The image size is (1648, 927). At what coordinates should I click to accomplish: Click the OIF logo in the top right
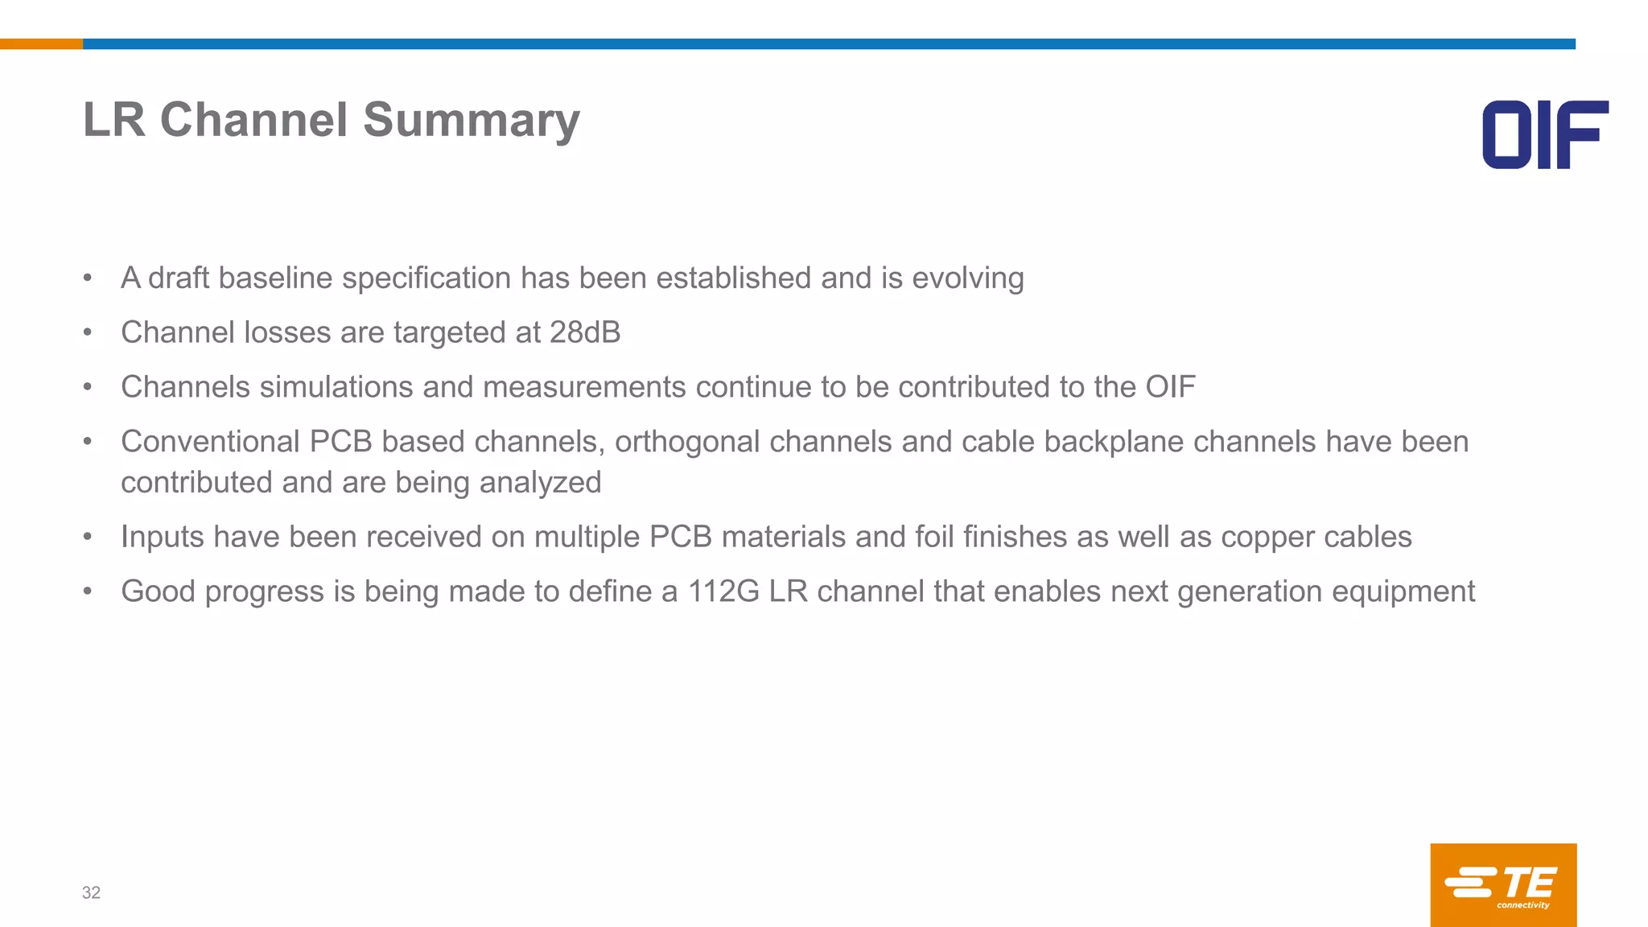(1545, 134)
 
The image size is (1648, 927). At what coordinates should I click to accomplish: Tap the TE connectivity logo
(1503, 884)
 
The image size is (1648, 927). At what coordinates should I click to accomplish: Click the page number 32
(91, 892)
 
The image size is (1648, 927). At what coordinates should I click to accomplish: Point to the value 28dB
(585, 332)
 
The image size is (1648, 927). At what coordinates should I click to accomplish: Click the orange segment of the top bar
(41, 44)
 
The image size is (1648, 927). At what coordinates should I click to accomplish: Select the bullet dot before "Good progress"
(88, 591)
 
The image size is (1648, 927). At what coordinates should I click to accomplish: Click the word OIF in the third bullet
(1170, 387)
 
